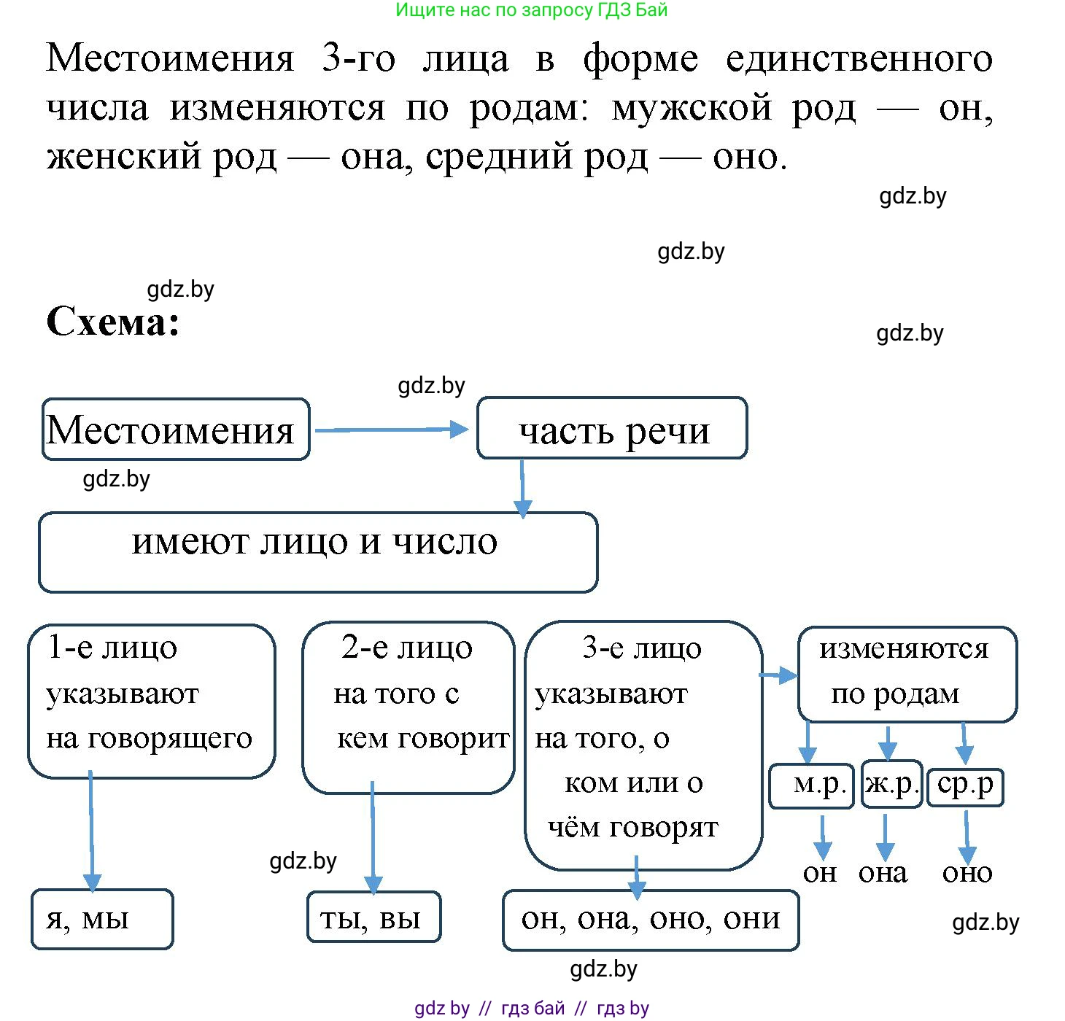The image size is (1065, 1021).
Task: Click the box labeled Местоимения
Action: (175, 430)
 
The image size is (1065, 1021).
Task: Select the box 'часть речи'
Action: (612, 429)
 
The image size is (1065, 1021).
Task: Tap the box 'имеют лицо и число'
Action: (317, 552)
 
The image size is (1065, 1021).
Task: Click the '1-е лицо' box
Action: (151, 700)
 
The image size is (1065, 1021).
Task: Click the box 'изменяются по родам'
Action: (907, 674)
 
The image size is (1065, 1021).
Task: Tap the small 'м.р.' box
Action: (812, 785)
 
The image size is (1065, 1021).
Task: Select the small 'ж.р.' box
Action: (891, 785)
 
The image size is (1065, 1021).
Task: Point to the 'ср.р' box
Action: (965, 786)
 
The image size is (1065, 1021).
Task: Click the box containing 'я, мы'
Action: (102, 919)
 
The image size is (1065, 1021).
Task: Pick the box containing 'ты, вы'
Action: (373, 917)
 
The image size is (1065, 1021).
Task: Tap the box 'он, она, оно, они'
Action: (651, 920)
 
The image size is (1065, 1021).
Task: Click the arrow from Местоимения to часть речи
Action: (390, 430)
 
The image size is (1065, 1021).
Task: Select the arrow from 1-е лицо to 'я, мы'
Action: (91, 831)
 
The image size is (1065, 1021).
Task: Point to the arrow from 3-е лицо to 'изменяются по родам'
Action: (779, 676)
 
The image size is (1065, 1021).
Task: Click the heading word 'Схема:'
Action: (113, 321)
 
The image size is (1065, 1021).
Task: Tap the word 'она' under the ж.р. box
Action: (883, 873)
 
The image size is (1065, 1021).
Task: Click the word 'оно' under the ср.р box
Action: (967, 873)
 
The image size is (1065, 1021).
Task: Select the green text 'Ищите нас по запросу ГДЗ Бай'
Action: (531, 10)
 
